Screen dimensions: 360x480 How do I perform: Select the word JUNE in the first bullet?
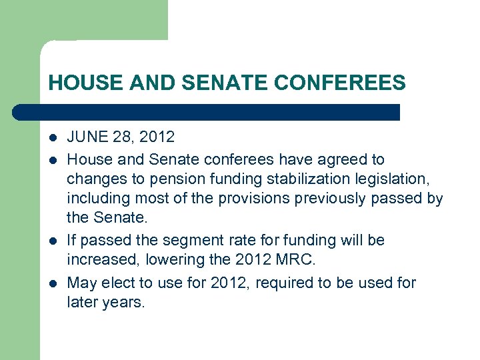coord(87,137)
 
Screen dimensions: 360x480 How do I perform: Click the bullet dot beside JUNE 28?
coord(53,138)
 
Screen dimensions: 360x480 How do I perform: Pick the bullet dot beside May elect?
coord(53,283)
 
